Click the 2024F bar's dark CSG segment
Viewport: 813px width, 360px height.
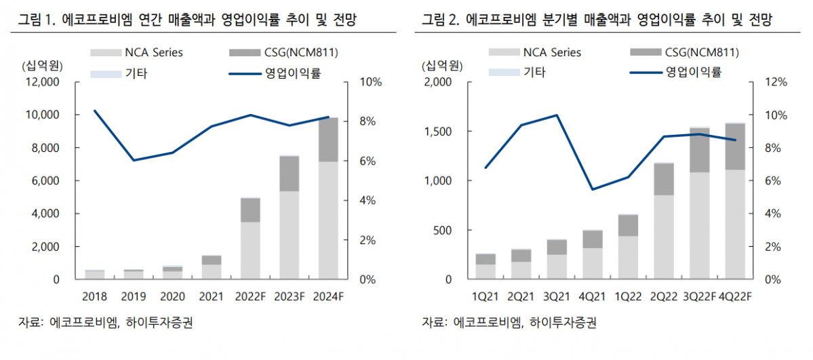coord(328,140)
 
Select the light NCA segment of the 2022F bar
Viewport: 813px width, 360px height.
coord(250,250)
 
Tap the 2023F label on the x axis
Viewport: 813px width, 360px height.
coord(290,296)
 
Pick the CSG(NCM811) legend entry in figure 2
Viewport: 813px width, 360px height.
coord(683,52)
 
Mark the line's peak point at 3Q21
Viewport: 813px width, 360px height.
coord(557,115)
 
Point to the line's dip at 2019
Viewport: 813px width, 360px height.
coord(134,161)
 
